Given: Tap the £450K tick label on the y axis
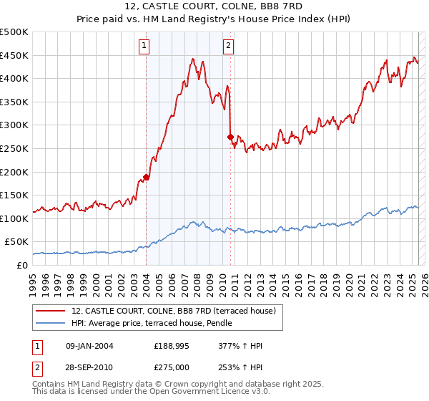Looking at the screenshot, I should point(14,55).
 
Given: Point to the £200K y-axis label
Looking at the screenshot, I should point(14,172).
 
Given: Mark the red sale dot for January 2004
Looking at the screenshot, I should point(147,177).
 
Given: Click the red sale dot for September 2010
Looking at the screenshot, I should point(230,137).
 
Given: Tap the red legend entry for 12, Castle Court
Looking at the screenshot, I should point(178,310).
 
